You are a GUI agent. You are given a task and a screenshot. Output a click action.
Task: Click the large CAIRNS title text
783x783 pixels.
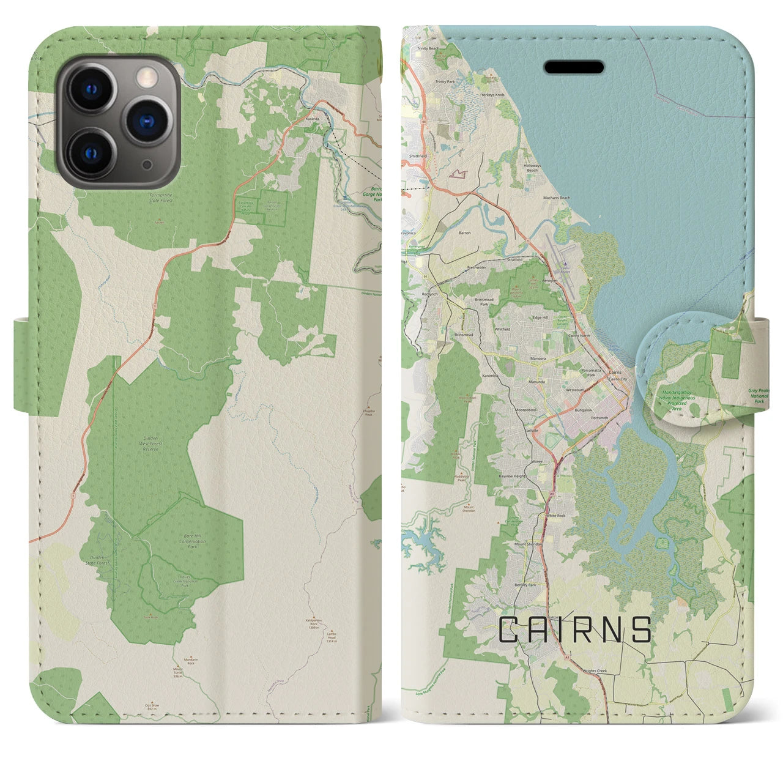pos(575,629)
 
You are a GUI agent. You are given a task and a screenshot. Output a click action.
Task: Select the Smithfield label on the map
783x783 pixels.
pos(418,157)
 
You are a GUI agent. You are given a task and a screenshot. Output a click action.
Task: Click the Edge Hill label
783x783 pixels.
pos(541,317)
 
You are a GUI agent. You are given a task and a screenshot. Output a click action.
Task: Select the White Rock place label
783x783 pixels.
pos(555,516)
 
